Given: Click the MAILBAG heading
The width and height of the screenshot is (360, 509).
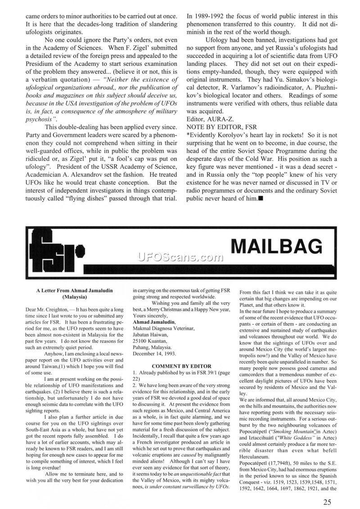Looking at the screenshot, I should click(x=276, y=247).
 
